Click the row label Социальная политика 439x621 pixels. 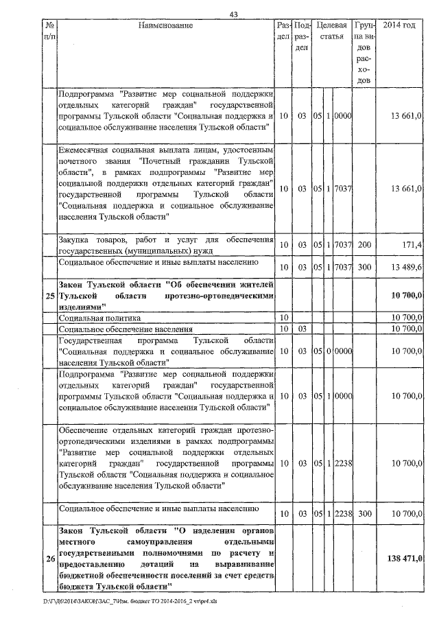[x=100, y=318]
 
